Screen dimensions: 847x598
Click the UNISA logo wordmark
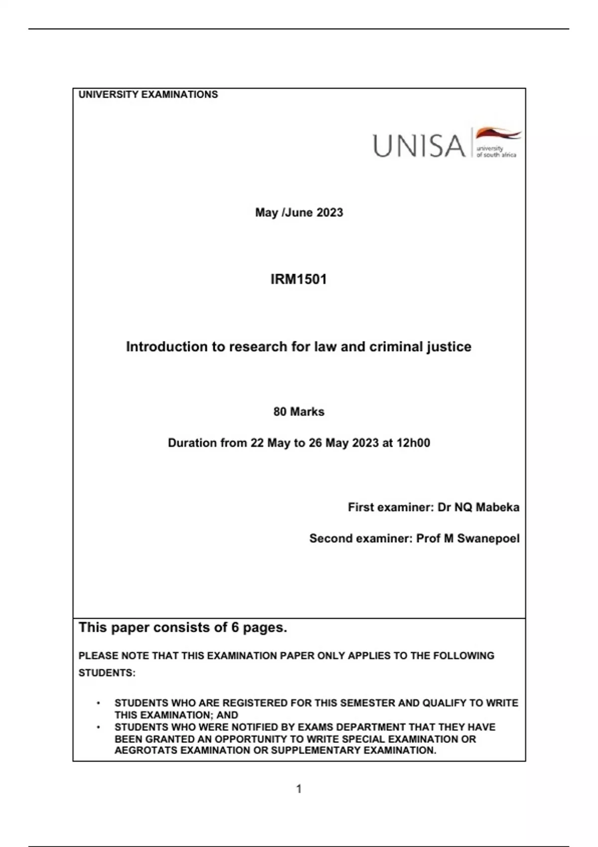tap(419, 146)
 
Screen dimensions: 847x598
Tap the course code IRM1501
tap(299, 279)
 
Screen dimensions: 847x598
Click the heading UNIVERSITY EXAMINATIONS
tap(148, 95)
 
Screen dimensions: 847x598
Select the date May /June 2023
tap(299, 213)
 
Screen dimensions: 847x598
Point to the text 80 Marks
tap(299, 412)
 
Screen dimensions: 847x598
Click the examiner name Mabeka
tap(497, 507)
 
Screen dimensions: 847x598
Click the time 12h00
tap(413, 443)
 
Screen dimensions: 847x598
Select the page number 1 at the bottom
tap(299, 789)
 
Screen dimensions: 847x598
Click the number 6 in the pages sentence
tap(235, 627)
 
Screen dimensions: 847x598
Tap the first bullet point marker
tap(99, 704)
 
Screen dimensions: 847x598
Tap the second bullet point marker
tap(99, 727)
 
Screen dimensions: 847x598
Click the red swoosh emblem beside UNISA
tap(497, 134)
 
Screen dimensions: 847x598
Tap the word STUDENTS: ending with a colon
tap(107, 673)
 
